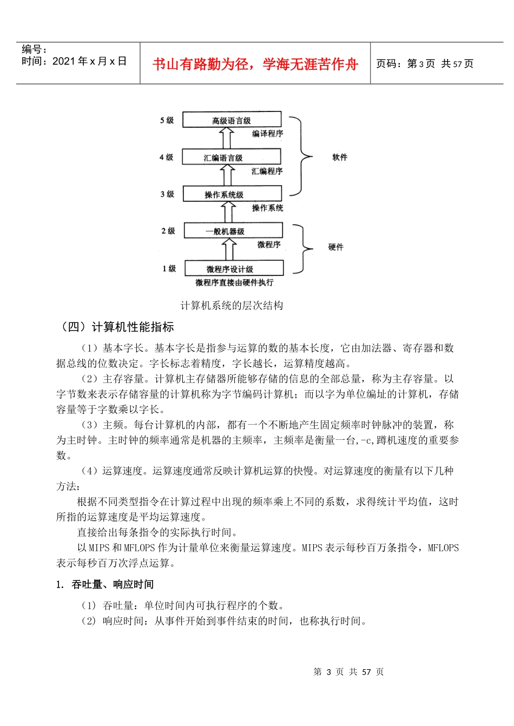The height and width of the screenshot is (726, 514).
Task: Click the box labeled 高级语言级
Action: tap(232, 120)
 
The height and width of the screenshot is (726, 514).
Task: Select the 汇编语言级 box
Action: tap(232, 157)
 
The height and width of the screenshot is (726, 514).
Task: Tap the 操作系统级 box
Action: tap(232, 194)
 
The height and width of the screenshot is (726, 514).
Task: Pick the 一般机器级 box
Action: tap(233, 230)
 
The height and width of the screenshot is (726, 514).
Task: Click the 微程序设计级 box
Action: tap(234, 268)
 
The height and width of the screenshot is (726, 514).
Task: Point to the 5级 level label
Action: tap(167, 120)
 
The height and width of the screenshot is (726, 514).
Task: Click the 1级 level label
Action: tap(169, 268)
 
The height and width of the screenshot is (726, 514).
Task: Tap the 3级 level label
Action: tap(167, 194)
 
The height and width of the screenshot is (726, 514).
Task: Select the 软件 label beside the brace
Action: tap(340, 157)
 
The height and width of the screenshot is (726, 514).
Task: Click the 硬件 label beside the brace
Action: tap(335, 247)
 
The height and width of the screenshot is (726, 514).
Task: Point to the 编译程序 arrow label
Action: tap(267, 134)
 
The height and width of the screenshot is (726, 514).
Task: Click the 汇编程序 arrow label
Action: tap(267, 171)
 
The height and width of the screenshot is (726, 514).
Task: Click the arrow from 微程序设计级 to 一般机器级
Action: tap(229, 249)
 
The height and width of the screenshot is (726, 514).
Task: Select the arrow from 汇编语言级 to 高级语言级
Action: tap(227, 138)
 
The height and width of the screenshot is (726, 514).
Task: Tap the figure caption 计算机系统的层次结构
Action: tap(232, 306)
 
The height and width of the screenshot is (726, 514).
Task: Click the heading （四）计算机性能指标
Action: tap(117, 327)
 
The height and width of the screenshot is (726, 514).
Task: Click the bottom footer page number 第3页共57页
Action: tap(348, 671)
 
